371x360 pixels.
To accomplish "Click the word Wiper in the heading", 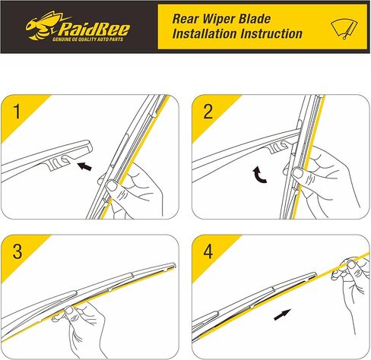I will pos(225,16).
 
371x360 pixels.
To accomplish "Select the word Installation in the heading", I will pos(208,34).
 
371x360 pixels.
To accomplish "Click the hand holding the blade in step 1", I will pos(129,190).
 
